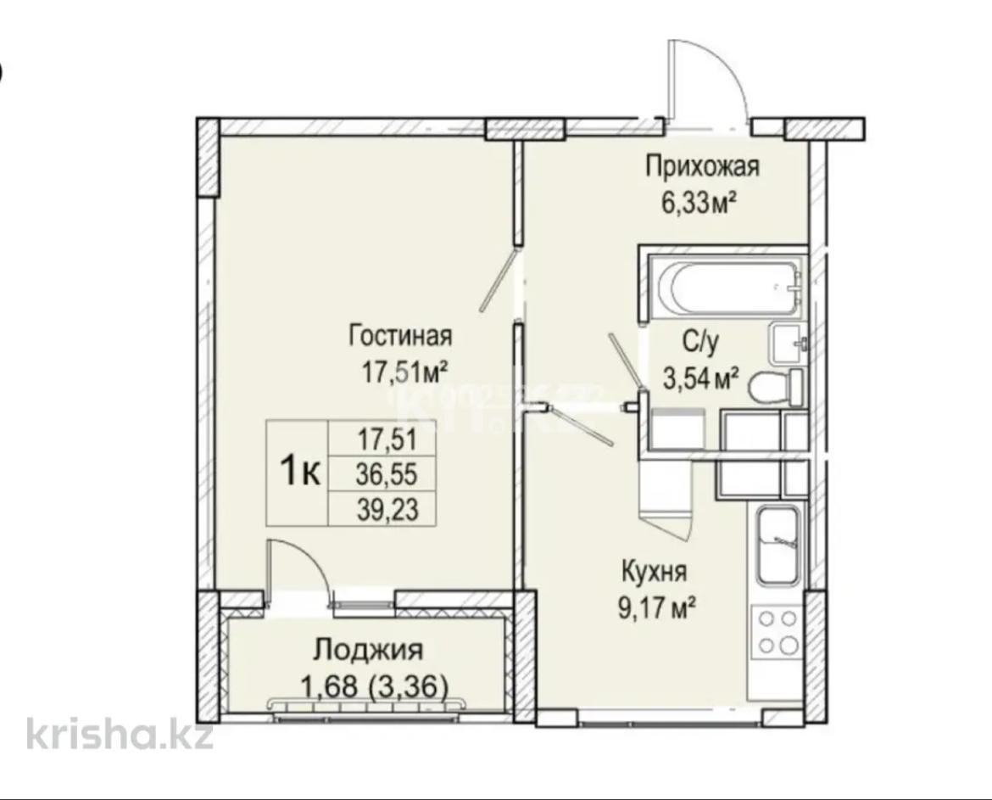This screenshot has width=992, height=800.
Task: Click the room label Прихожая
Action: click(702, 166)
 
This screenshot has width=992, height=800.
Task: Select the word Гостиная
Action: click(401, 336)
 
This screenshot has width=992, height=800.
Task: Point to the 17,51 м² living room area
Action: click(405, 372)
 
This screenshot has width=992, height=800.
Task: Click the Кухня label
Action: click(653, 570)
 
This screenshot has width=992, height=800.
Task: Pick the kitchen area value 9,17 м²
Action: click(658, 606)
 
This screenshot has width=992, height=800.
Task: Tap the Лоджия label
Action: click(367, 651)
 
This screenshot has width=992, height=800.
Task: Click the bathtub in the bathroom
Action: click(726, 288)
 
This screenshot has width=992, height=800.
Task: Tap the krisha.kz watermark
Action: click(119, 733)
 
